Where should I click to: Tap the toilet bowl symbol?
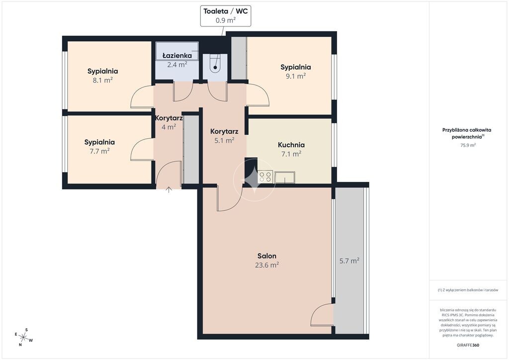coord(215,64)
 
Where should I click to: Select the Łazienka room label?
coord(177,56)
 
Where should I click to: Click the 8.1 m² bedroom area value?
coord(102,80)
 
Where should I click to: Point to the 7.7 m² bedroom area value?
coord(99,151)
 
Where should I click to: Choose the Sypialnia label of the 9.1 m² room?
coord(295,67)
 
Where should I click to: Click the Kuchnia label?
coord(291,145)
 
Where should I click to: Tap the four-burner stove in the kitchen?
coord(265,177)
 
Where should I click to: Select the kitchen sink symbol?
coord(285,177)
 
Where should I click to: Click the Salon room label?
coord(267,256)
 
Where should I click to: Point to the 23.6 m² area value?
coord(267,265)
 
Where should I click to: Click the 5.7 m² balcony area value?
coord(349,261)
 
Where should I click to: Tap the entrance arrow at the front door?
coord(169,190)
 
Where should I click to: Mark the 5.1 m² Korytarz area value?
coord(224,140)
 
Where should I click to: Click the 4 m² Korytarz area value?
coord(169,127)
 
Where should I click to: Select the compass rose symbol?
coord(23,337)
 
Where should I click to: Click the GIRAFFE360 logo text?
coord(468,345)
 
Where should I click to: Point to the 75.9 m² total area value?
coord(468,145)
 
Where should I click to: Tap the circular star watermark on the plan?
coord(254,180)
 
